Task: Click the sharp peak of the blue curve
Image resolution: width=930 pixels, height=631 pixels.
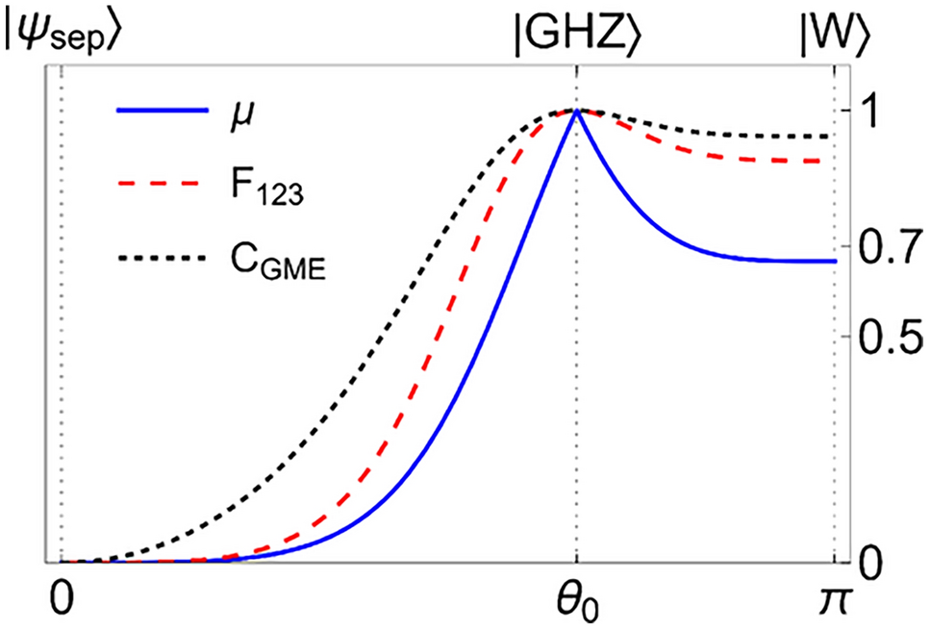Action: click(576, 112)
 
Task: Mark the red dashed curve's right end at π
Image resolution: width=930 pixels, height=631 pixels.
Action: click(829, 161)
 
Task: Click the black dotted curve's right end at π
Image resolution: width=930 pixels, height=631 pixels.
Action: click(829, 137)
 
